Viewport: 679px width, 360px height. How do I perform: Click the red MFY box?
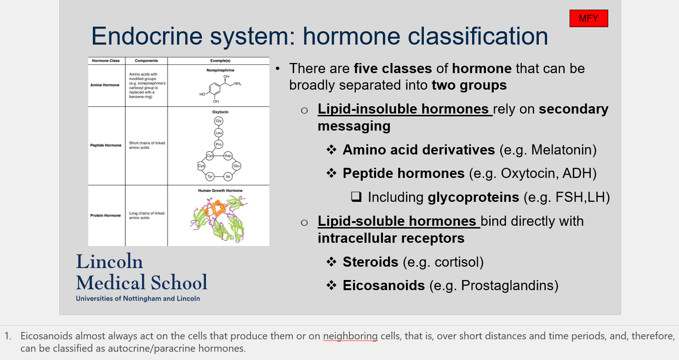point(588,18)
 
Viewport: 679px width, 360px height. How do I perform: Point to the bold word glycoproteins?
point(473,197)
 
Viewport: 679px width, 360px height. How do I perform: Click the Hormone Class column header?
point(106,61)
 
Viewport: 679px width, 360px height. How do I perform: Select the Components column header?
point(146,61)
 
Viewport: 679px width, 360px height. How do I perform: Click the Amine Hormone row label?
point(105,85)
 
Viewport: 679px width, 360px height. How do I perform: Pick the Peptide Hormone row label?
point(106,145)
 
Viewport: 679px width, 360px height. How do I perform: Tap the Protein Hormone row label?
point(106,215)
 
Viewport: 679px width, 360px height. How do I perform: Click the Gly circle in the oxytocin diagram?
point(218,121)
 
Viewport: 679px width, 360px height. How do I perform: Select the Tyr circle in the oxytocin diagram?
point(210,177)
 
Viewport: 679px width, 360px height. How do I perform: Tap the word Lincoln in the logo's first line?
point(109,262)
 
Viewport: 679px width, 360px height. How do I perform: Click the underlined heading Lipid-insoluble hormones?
point(403,109)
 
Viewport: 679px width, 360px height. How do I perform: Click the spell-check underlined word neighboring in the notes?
point(350,336)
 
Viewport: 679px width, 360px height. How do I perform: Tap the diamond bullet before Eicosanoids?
point(331,286)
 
